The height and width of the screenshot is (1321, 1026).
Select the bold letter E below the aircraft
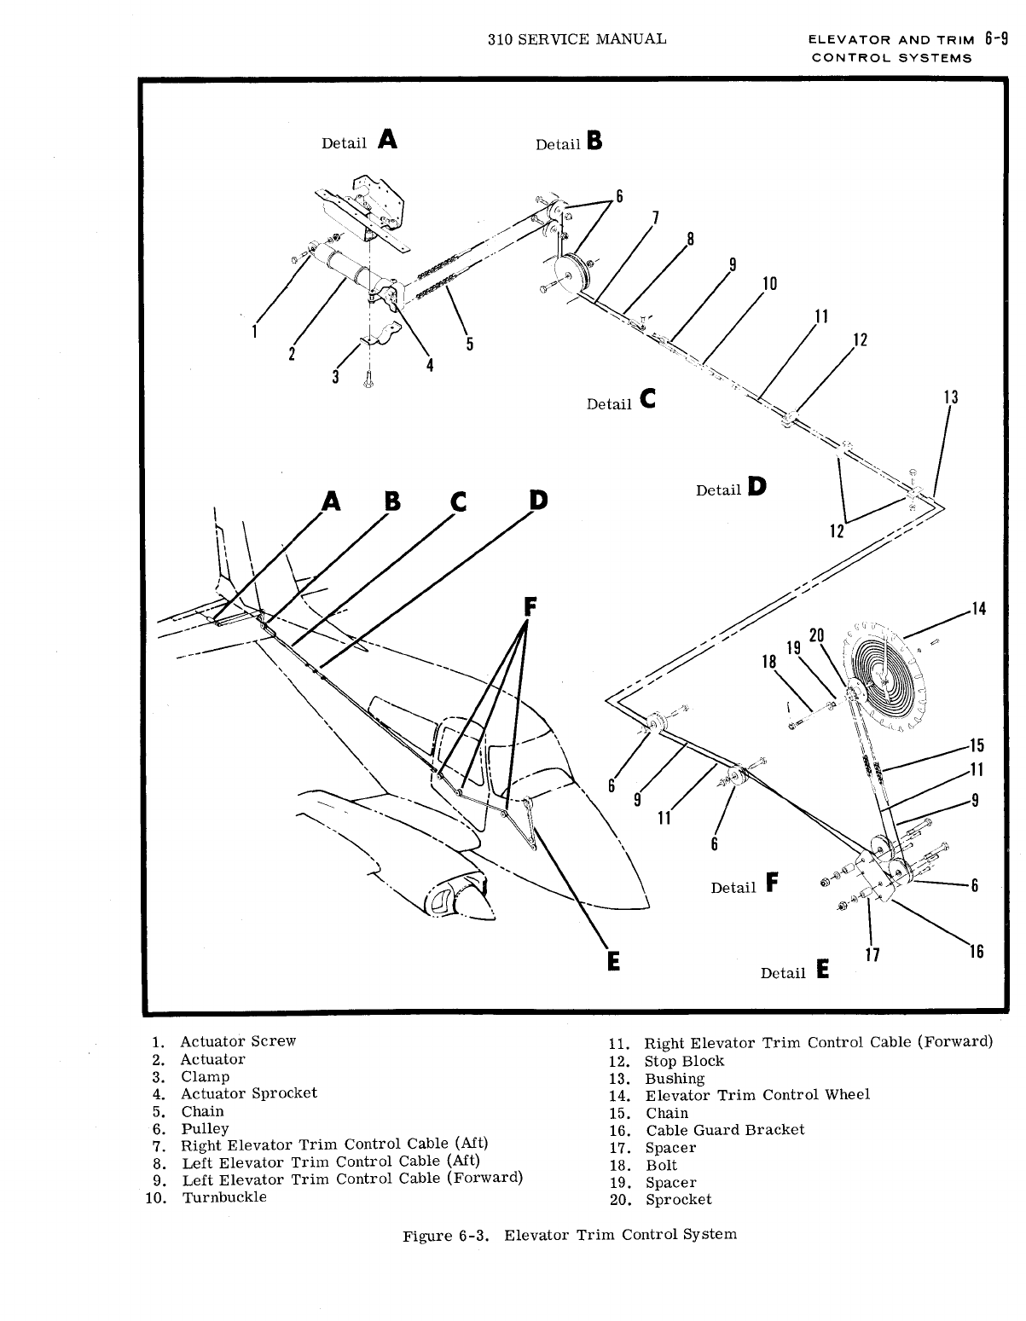pos(612,961)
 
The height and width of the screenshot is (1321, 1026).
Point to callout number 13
pos(951,397)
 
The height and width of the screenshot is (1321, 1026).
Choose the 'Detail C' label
pos(622,401)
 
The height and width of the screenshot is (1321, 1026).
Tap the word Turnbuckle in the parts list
pos(224,1197)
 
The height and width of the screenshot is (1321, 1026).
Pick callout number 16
pos(977,952)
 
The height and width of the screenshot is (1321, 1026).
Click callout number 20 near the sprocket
pos(816,634)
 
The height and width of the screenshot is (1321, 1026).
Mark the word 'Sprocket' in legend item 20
pos(678,1200)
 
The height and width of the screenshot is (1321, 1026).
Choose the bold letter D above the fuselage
pos(538,501)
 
